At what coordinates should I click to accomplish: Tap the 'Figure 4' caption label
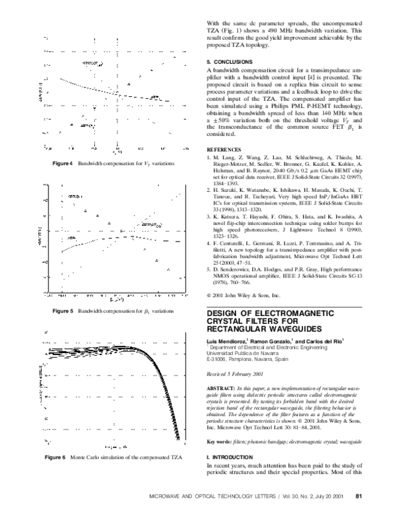pos(62,163)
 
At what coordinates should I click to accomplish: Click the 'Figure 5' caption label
pos(62,311)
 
